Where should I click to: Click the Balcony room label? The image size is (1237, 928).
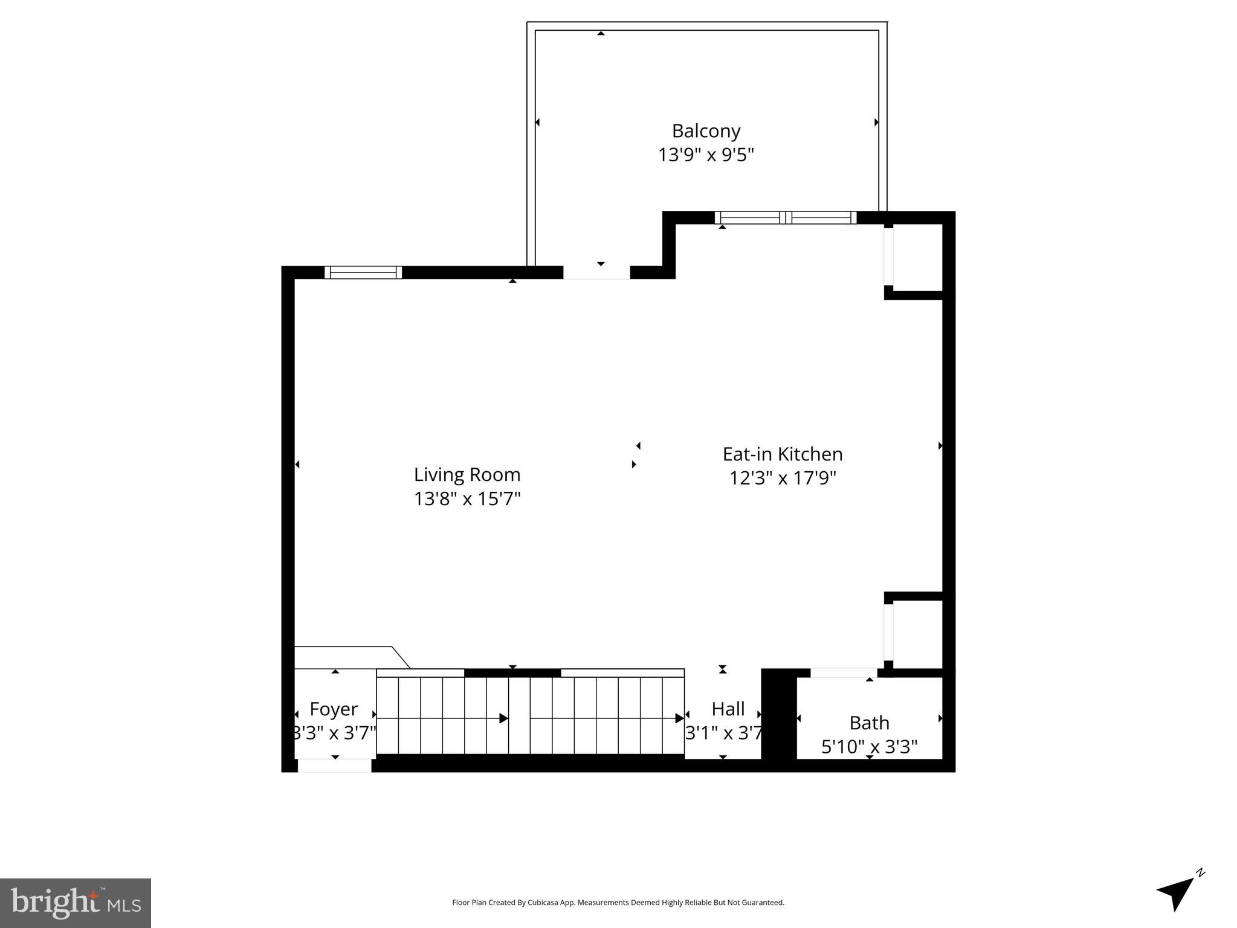pyautogui.click(x=706, y=131)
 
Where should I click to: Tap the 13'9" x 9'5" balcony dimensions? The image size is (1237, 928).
pyautogui.click(x=706, y=155)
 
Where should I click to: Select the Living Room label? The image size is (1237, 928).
pyautogui.click(x=467, y=475)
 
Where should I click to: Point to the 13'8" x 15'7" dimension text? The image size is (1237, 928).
pyautogui.click(x=467, y=499)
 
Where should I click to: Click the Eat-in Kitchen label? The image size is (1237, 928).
pyautogui.click(x=782, y=454)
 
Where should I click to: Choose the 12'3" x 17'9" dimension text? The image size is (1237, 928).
pyautogui.click(x=782, y=478)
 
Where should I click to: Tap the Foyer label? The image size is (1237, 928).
pyautogui.click(x=334, y=709)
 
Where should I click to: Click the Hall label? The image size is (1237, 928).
pyautogui.click(x=728, y=709)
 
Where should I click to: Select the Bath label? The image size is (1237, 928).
pyautogui.click(x=869, y=723)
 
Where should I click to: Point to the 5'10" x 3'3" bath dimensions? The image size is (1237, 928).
pyautogui.click(x=869, y=747)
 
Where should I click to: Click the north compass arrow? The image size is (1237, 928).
pyautogui.click(x=1177, y=892)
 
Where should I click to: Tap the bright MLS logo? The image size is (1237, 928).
pyautogui.click(x=75, y=903)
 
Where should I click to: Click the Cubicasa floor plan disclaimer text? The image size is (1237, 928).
pyautogui.click(x=618, y=903)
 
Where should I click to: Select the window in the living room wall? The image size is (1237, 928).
pyautogui.click(x=363, y=272)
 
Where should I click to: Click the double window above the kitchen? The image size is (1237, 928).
pyautogui.click(x=785, y=217)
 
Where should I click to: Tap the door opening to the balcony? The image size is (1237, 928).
pyautogui.click(x=596, y=272)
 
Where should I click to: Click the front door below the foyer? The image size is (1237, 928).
pyautogui.click(x=334, y=765)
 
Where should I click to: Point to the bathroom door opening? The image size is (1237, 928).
pyautogui.click(x=843, y=673)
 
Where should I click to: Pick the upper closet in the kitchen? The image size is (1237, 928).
pyautogui.click(x=917, y=258)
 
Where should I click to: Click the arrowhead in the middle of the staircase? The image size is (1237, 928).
pyautogui.click(x=503, y=718)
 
